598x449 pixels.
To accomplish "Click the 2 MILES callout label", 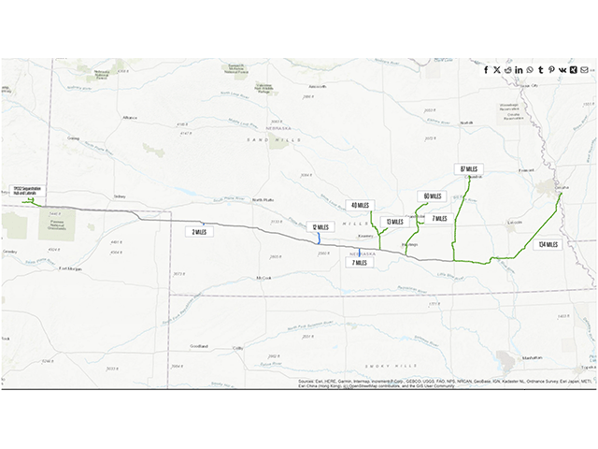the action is pos(198,231).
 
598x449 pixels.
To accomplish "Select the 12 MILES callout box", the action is pos(319,225).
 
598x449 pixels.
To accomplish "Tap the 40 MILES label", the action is pos(360,205).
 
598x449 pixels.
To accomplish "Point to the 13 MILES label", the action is pos(395,222).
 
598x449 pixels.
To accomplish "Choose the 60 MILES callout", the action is pos(432,196).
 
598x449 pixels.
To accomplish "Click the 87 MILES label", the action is pos(468,168).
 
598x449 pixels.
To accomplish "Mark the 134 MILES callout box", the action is pos(548,244).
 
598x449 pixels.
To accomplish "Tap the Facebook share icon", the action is pos(486,70).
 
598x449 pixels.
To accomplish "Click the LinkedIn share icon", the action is pos(519,70).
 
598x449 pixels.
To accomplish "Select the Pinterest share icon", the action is pos(551,70).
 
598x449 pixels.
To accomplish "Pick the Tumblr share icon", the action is pos(541,70).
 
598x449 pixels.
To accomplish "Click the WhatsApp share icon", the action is pos(530,70).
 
